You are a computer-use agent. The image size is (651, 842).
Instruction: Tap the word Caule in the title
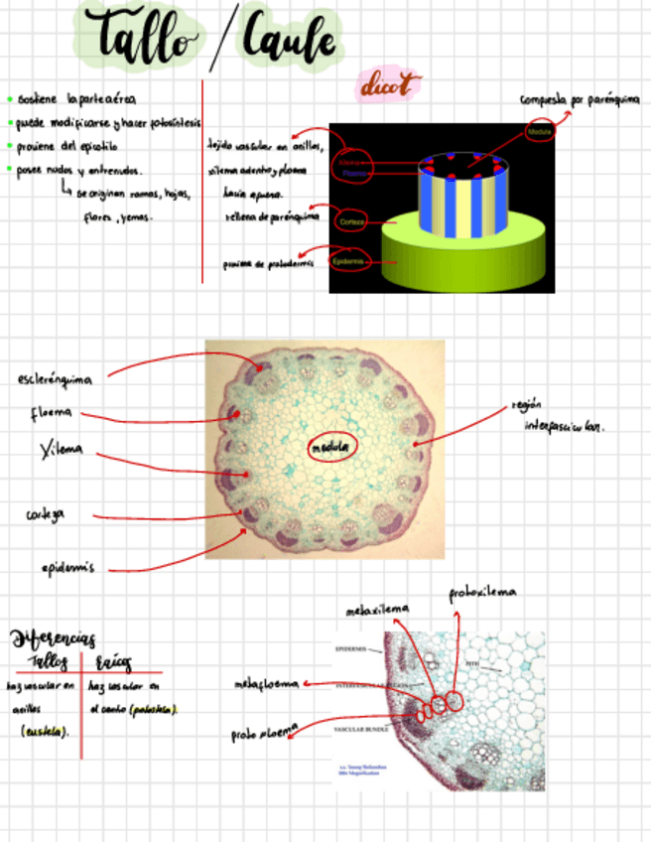click(x=288, y=42)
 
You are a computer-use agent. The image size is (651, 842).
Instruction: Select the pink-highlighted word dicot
click(x=388, y=85)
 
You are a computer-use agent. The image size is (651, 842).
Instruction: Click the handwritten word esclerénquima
click(x=56, y=379)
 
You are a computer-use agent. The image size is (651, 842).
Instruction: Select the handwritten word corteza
click(x=47, y=514)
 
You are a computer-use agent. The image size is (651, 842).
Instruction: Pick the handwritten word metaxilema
click(x=377, y=611)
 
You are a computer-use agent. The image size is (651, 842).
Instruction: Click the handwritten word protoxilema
click(x=482, y=593)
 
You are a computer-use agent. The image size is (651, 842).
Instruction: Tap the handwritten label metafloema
click(x=265, y=685)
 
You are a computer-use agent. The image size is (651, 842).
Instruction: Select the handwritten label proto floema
click(x=263, y=734)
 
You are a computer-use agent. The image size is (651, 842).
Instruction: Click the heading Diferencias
click(x=52, y=636)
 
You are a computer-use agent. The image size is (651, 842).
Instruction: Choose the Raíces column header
click(x=114, y=662)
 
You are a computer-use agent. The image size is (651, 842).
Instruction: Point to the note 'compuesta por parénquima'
click(x=580, y=99)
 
